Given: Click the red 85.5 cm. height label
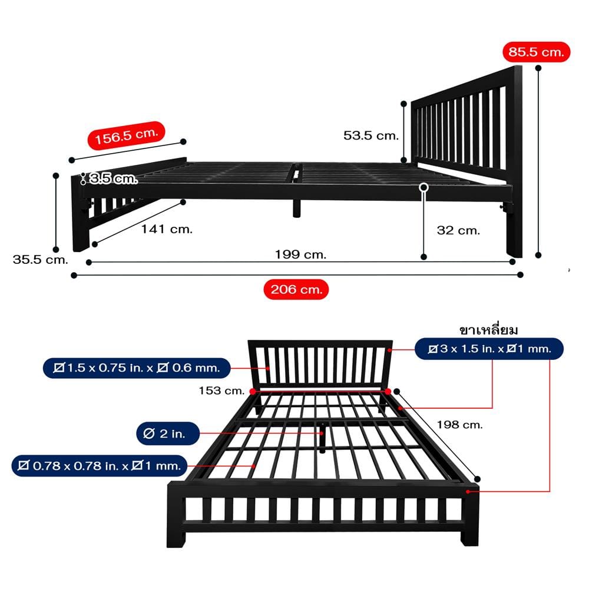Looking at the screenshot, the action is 536,52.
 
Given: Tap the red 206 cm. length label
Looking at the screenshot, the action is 296,289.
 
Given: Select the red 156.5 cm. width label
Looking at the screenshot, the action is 126,135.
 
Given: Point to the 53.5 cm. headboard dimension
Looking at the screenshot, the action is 370,135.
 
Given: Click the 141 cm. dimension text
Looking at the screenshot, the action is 167,229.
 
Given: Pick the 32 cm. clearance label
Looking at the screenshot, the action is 458,230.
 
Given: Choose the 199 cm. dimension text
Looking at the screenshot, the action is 300,254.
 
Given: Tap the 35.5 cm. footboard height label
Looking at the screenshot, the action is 40,260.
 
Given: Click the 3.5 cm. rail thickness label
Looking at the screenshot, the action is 114,178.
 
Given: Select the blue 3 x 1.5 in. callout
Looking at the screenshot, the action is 489,349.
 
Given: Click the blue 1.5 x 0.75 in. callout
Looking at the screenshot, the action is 137,368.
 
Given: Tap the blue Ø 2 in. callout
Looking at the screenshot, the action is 167,434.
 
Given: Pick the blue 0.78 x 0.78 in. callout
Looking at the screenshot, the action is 100,466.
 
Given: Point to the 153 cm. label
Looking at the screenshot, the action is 221,391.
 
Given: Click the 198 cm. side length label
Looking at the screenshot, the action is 459,425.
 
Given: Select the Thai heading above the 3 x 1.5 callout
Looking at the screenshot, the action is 488,330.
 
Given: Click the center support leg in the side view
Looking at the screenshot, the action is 297,209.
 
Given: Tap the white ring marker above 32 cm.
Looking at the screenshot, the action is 423,187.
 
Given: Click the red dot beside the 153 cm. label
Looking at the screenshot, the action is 253,392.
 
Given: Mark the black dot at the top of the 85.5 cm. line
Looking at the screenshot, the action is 538,68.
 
